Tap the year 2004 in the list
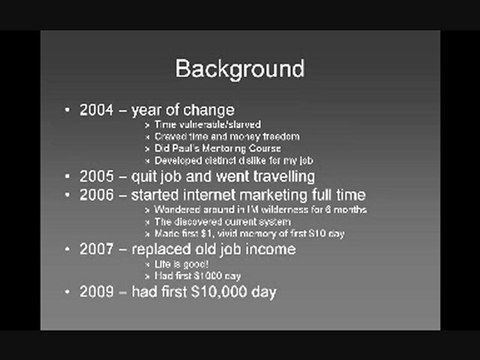coord(96,109)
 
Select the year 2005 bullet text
coord(96,176)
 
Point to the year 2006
coord(96,194)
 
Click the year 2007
coord(96,247)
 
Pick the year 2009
coord(96,292)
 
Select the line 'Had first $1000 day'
coord(198,275)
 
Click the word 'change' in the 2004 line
coord(207,109)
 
